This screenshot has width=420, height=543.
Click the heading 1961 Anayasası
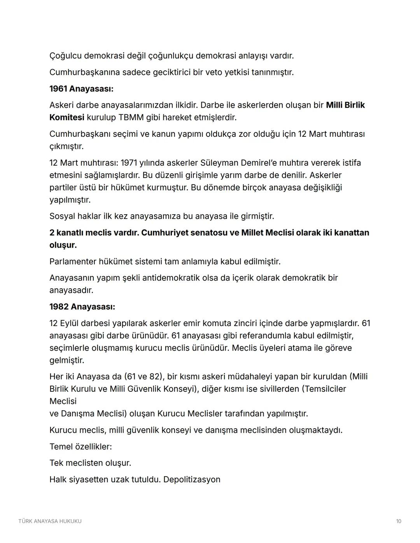tap(81, 89)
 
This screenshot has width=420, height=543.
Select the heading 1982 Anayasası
tap(82, 307)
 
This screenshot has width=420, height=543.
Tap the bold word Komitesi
tap(66, 117)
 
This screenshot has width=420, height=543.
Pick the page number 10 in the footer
tap(398, 521)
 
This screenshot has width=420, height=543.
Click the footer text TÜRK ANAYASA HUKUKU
tap(50, 521)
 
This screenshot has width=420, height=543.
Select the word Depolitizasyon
tap(192, 479)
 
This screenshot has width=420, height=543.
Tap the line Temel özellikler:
tap(80, 447)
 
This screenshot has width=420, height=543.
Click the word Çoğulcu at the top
tap(65, 56)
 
